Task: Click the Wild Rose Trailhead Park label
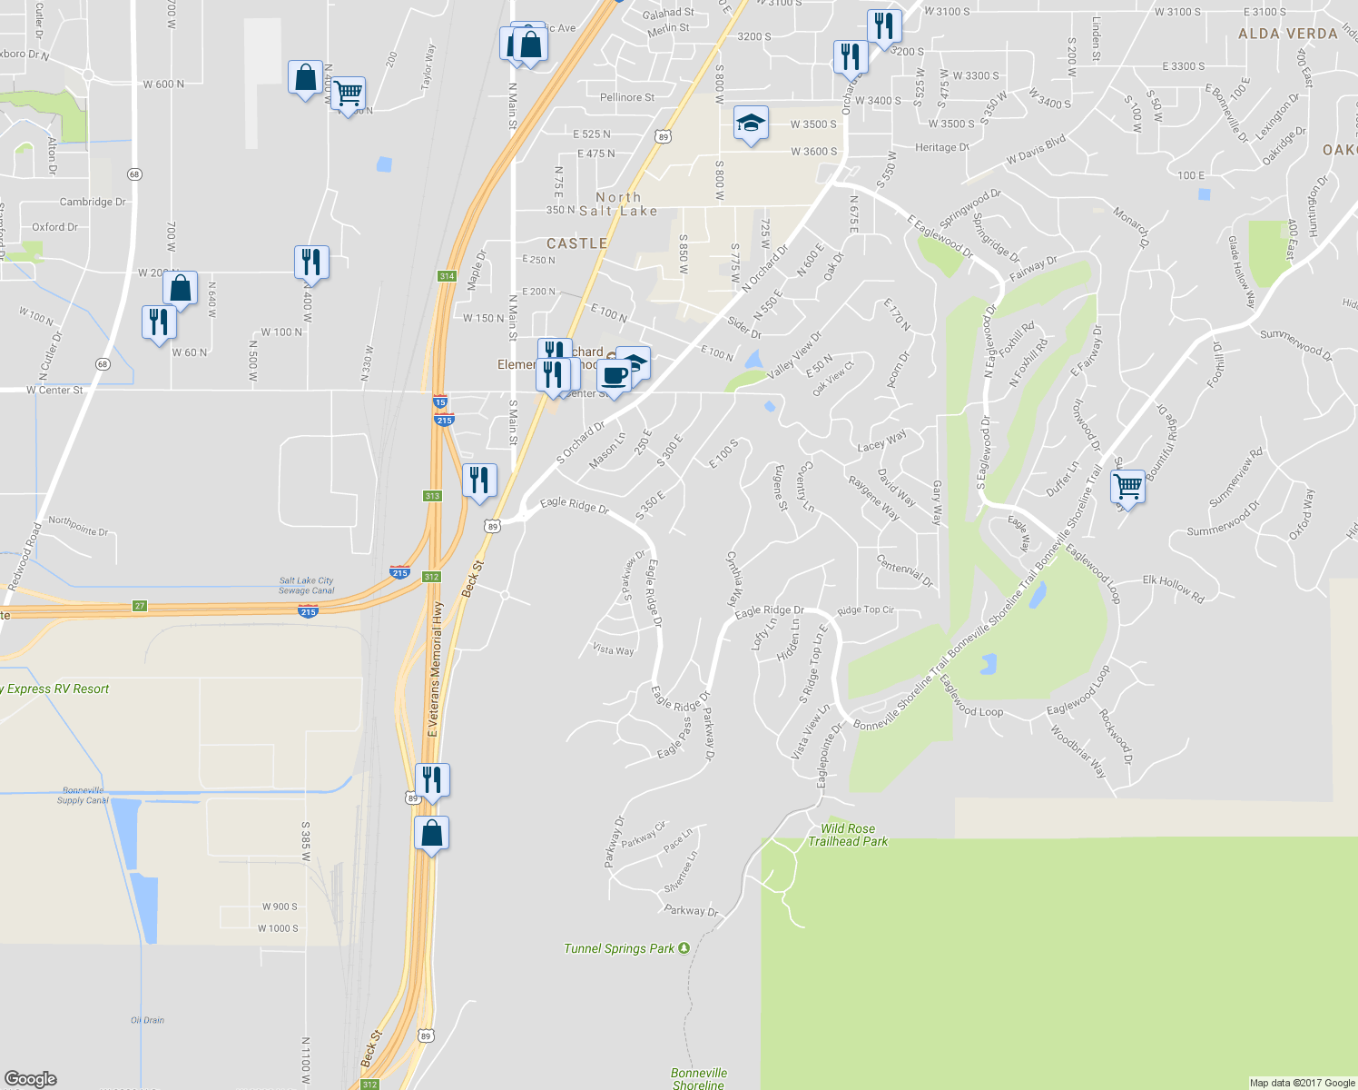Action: tap(848, 835)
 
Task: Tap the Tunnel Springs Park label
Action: tap(619, 948)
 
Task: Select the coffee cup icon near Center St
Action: tap(614, 376)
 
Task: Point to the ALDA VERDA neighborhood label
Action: tap(1288, 34)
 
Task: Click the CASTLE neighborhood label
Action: tap(576, 243)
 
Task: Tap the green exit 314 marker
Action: tap(446, 276)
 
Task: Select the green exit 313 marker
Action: tap(432, 496)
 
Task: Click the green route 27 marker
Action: tap(139, 606)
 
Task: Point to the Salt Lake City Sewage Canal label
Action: tap(307, 585)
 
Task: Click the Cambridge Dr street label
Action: tap(93, 202)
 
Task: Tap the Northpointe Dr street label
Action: tap(78, 525)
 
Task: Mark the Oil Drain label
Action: tap(147, 1020)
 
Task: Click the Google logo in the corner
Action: tap(31, 1078)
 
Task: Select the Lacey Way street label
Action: tap(881, 441)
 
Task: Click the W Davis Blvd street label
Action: tap(1036, 151)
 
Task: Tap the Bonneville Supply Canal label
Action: tap(83, 795)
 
